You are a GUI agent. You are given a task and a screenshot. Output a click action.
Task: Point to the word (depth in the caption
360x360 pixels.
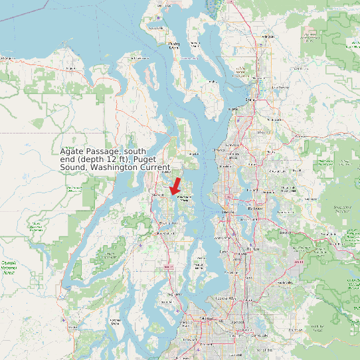click(x=93, y=160)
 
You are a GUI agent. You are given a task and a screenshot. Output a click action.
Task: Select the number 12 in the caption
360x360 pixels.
click(x=116, y=160)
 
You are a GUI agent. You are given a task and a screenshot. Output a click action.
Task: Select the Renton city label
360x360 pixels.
click(x=253, y=248)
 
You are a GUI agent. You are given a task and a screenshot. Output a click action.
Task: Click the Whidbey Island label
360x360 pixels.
click(x=174, y=45)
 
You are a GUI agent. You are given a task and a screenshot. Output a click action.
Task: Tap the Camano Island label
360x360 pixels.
click(x=195, y=45)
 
